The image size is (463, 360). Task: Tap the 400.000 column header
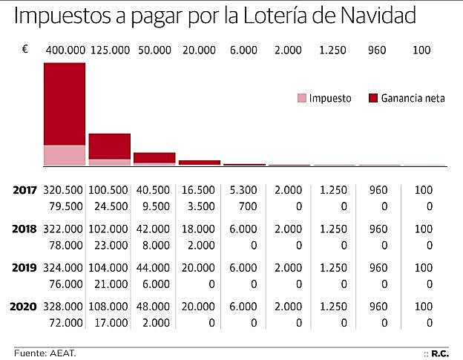65,50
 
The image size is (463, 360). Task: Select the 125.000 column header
110,50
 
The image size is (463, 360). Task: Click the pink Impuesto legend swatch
301,98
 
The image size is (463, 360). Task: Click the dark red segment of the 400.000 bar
65,104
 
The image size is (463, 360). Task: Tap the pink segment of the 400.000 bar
65,155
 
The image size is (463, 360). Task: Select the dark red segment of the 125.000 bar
110,146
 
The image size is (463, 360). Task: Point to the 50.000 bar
154,158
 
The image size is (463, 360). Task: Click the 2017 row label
26,190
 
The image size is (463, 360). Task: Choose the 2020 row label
26,306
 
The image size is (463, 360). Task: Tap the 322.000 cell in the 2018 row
65,229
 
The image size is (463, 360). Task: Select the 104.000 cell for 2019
110,267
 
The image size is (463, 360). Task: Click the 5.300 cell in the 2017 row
243,190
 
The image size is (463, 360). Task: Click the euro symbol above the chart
25,49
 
